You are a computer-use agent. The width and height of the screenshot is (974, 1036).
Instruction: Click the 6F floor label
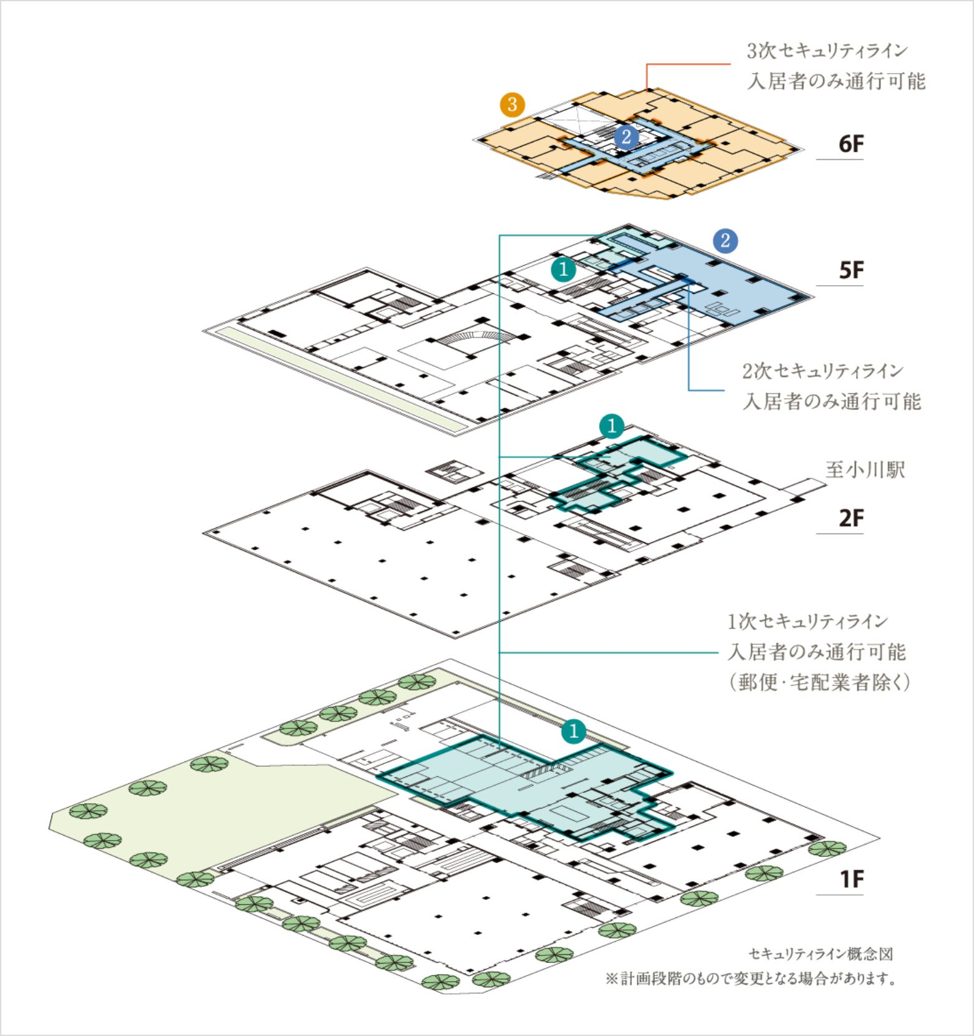click(851, 144)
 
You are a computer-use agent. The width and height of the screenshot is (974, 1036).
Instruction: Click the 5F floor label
click(851, 271)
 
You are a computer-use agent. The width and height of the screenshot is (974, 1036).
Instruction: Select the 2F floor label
click(851, 519)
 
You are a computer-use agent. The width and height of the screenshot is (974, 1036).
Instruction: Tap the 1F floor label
click(851, 879)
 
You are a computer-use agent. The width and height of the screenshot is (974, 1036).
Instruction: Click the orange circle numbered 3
click(512, 104)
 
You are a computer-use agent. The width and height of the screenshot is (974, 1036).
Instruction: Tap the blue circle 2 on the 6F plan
click(626, 136)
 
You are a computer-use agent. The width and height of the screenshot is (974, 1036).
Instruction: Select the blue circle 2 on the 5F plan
click(725, 241)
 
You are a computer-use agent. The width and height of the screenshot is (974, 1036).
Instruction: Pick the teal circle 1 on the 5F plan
click(564, 270)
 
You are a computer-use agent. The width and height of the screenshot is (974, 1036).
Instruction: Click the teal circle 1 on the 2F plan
click(611, 426)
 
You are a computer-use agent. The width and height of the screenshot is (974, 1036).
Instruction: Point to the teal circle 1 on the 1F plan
click(574, 731)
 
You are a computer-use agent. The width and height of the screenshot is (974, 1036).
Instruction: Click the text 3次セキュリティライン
click(827, 51)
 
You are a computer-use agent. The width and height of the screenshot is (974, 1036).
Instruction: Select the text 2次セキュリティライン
click(823, 371)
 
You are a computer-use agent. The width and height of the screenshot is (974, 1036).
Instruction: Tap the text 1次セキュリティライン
click(807, 622)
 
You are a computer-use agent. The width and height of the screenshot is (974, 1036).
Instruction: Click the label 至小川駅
click(865, 470)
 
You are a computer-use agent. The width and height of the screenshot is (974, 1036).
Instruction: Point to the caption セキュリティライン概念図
click(821, 954)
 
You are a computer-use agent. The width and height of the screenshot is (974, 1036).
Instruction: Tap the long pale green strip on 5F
click(337, 378)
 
